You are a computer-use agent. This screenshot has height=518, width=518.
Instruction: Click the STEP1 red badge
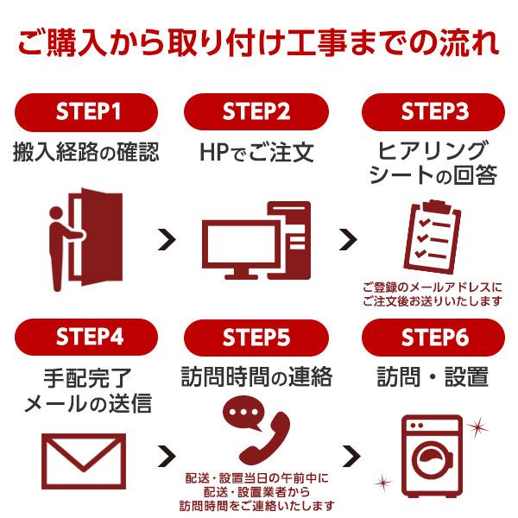pyautogui.click(x=87, y=111)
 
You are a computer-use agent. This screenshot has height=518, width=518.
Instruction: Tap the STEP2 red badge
pyautogui.click(x=256, y=111)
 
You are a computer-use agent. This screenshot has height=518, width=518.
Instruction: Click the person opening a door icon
pyautogui.click(x=85, y=239)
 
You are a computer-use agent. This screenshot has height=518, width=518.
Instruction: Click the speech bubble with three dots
pyautogui.click(x=243, y=413)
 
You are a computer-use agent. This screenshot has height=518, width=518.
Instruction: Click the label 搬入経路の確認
pyautogui.click(x=86, y=153)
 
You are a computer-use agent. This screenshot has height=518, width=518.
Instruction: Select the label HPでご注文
pyautogui.click(x=256, y=153)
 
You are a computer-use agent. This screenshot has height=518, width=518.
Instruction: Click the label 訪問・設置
pyautogui.click(x=433, y=377)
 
